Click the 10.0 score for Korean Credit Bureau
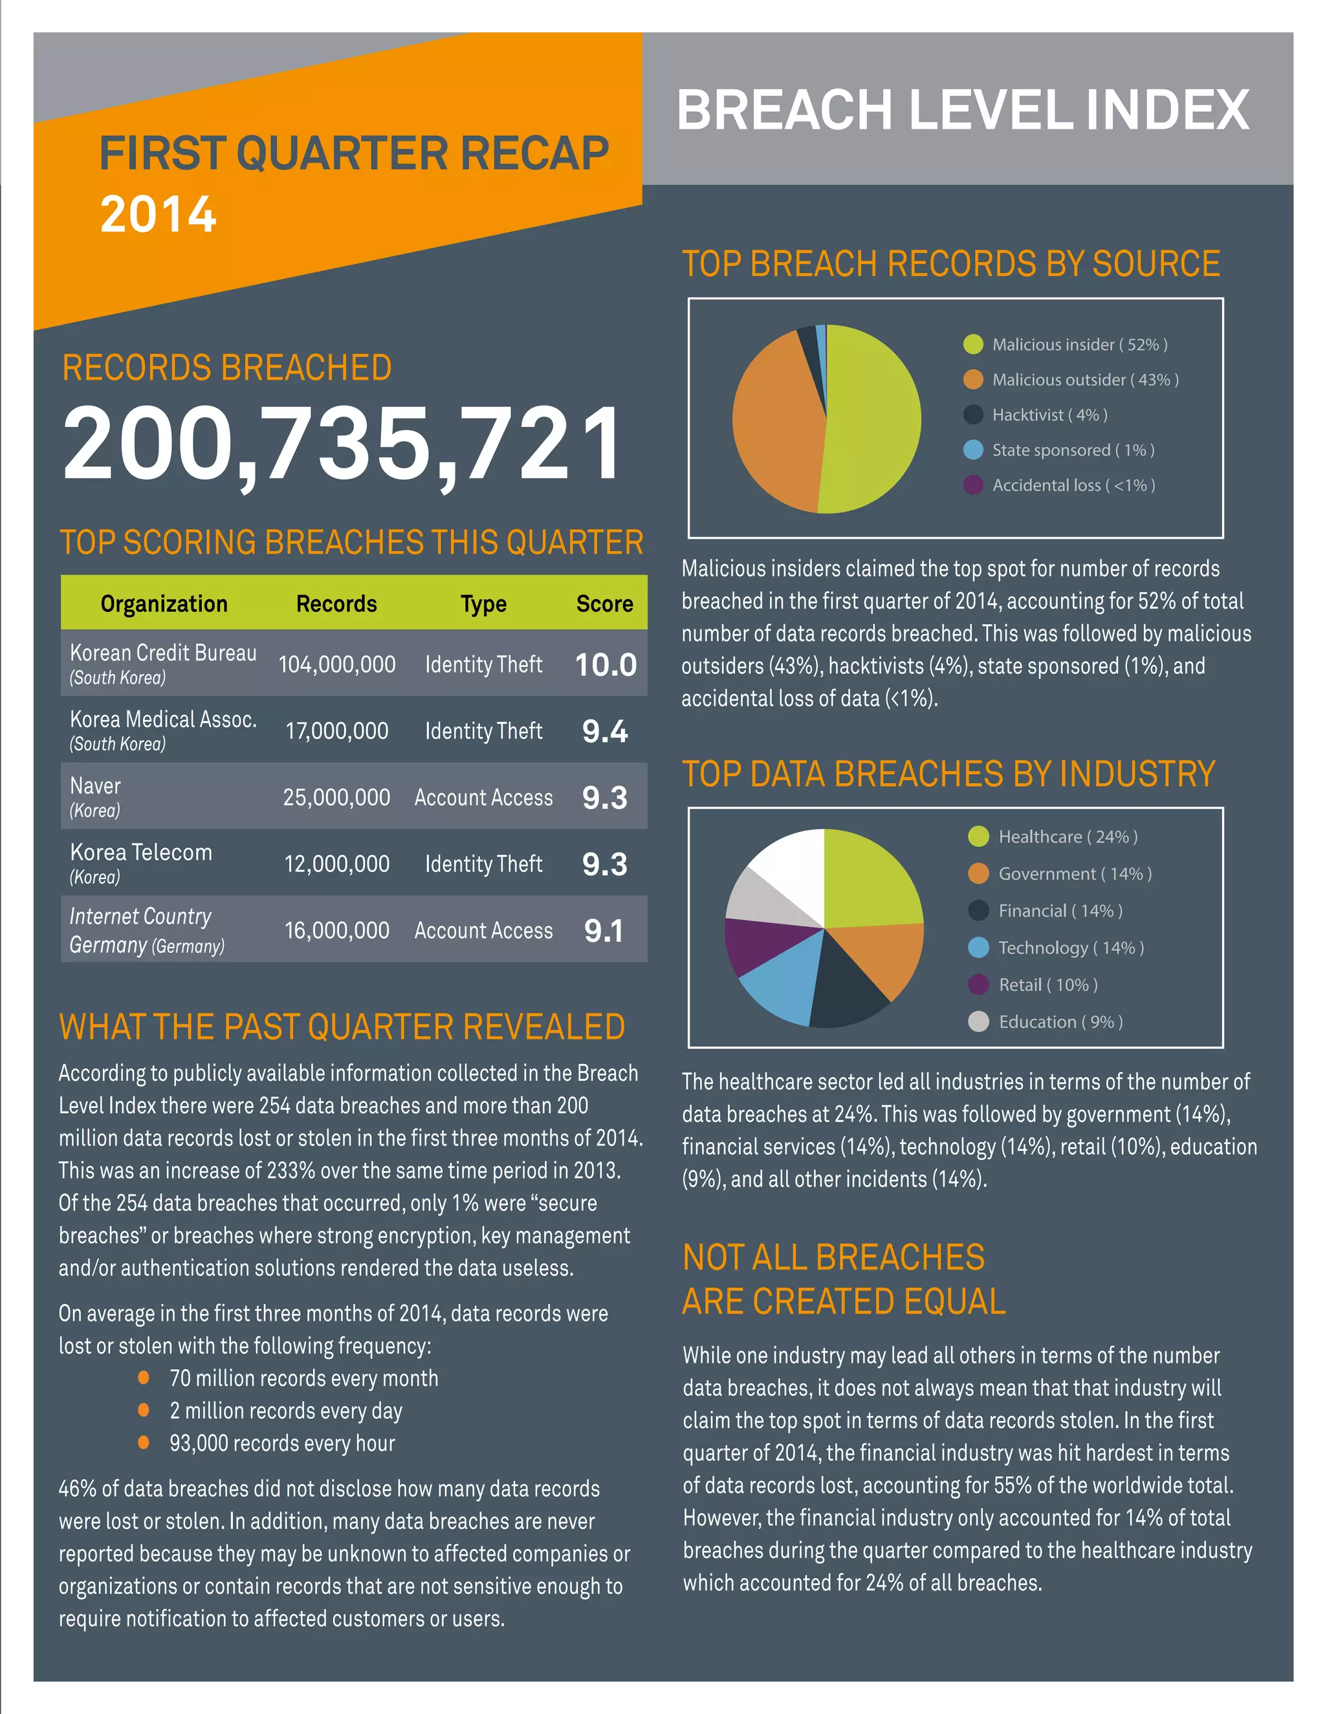[605, 665]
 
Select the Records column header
[336, 603]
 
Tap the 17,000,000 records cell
[336, 731]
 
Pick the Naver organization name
[95, 786]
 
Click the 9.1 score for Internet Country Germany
[604, 931]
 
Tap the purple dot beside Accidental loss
[972, 485]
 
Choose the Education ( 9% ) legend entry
[1060, 1022]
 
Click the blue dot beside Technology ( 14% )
[978, 948]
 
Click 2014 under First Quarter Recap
[159, 213]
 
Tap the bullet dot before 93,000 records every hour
[144, 1442]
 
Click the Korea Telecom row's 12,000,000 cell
[336, 864]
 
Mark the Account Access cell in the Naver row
[483, 797]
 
